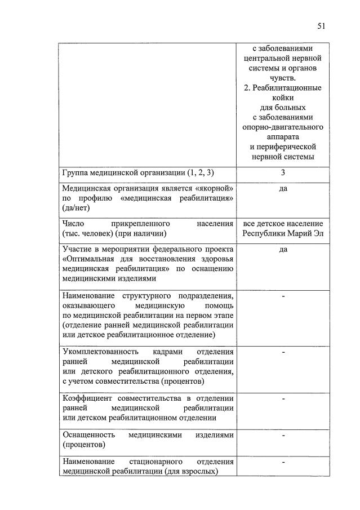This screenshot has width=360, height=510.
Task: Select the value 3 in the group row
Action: click(x=283, y=173)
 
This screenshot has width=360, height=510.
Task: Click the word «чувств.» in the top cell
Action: click(x=282, y=78)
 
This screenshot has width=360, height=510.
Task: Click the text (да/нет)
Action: click(x=78, y=208)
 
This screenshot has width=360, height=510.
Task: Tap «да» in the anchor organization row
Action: click(x=283, y=188)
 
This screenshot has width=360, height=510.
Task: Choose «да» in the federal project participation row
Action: click(x=283, y=249)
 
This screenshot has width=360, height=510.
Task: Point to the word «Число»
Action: click(x=74, y=223)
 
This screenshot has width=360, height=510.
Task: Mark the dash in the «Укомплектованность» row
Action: click(x=283, y=352)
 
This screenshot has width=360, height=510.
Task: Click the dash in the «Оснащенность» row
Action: click(x=283, y=436)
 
